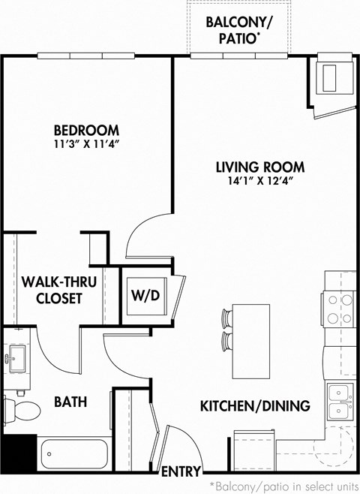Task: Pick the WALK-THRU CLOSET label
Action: coord(52,290)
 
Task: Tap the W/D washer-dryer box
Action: coord(145,295)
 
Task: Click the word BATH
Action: coord(70,402)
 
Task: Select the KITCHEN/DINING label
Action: coord(254,406)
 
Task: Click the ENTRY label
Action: coord(181,471)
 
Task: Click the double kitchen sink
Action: coord(340,401)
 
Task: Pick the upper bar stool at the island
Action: coord(226,317)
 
